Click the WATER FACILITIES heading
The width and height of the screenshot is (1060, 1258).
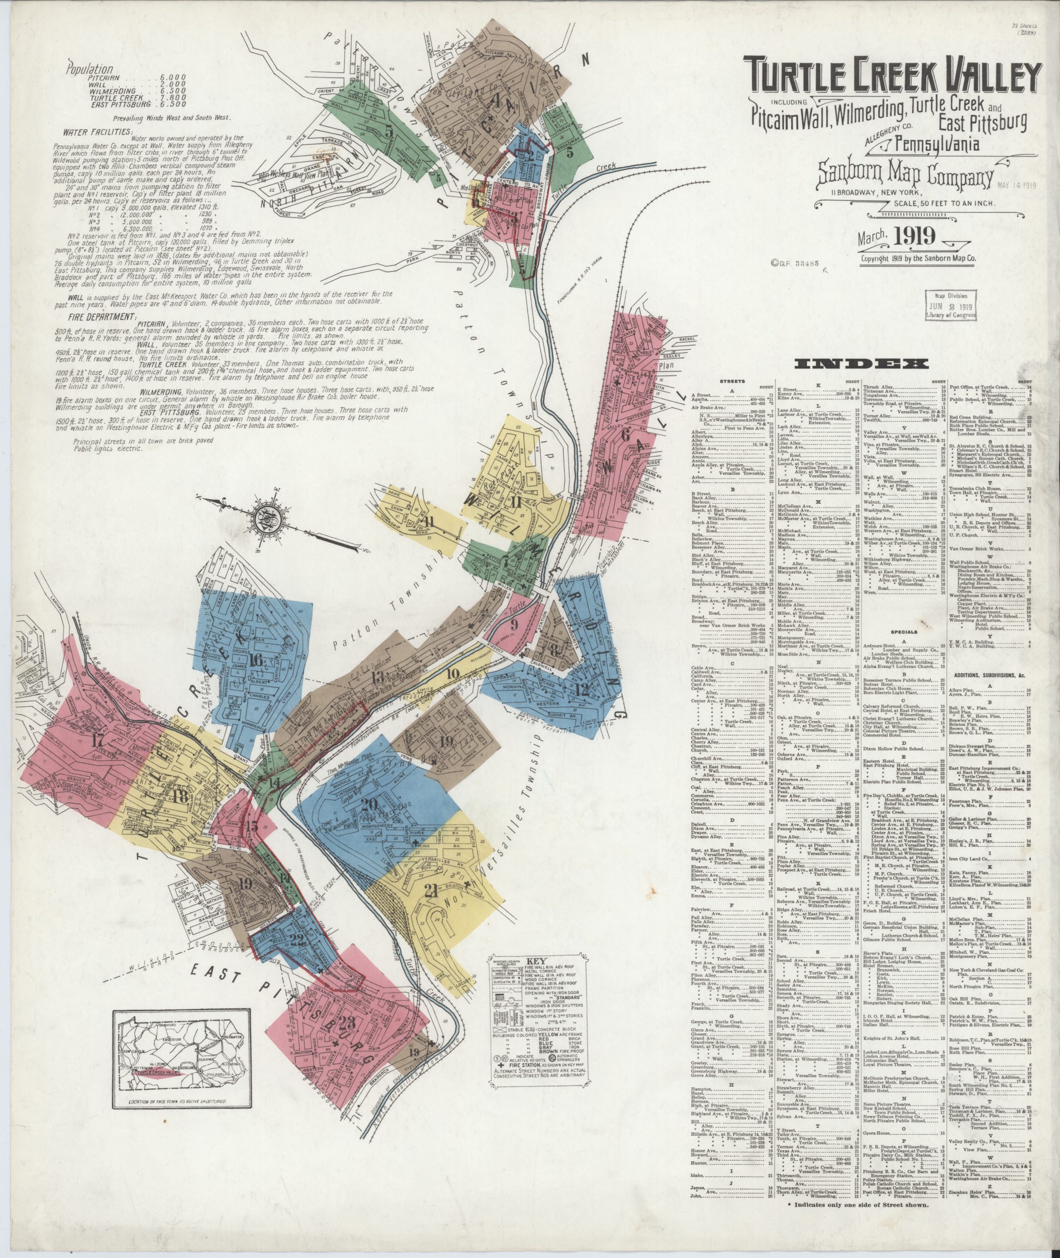(x=99, y=130)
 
